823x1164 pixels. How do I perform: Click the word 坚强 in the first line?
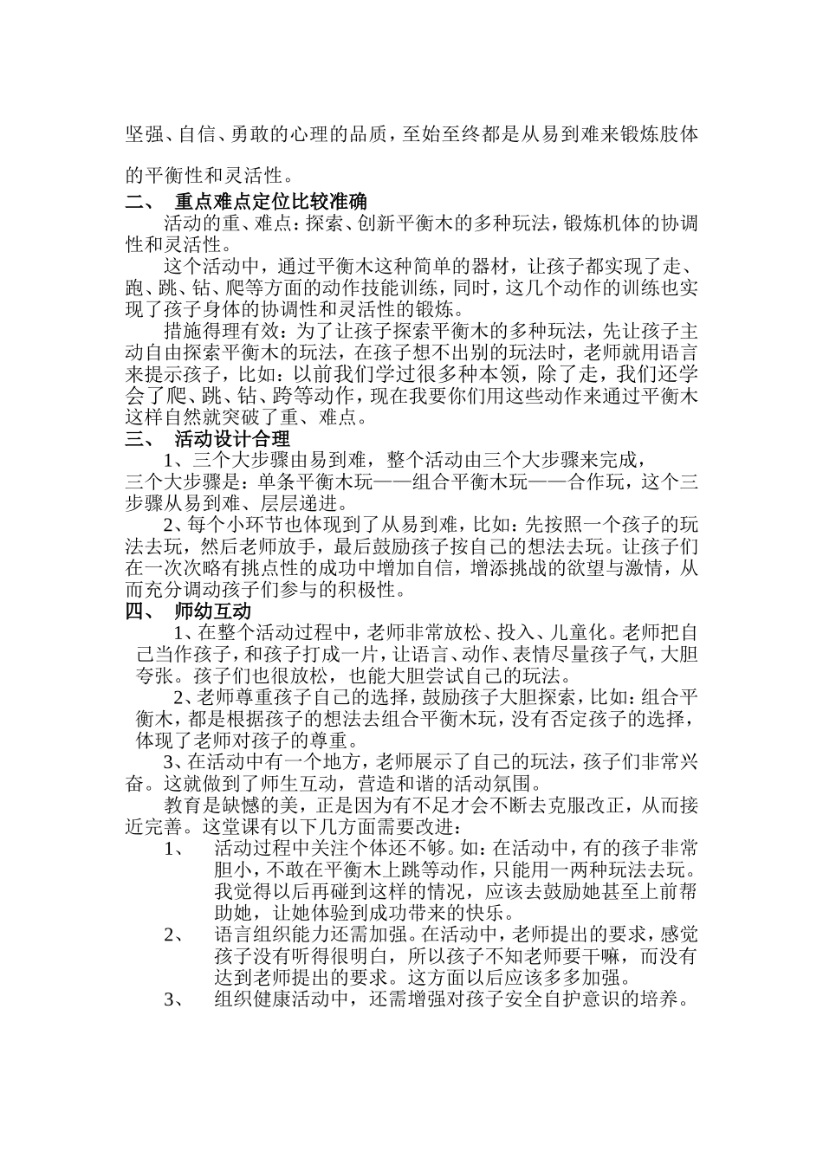point(144,135)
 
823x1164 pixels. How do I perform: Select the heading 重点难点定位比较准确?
point(270,204)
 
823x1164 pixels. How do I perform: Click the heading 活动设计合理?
point(232,440)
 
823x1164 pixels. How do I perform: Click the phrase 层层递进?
point(309,504)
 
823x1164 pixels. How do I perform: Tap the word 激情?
point(645,569)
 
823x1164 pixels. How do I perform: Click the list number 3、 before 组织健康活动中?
point(173,999)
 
